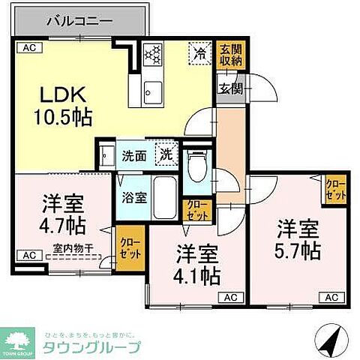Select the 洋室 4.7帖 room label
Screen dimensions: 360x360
61,212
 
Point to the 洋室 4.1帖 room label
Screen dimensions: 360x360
198,264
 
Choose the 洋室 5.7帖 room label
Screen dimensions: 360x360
298,238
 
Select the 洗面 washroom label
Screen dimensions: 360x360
135,156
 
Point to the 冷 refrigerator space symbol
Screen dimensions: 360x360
199,53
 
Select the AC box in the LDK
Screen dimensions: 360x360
28,48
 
